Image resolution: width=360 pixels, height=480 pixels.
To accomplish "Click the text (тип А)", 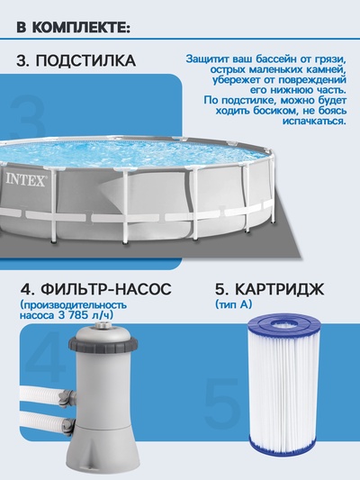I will [x=233, y=306].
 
